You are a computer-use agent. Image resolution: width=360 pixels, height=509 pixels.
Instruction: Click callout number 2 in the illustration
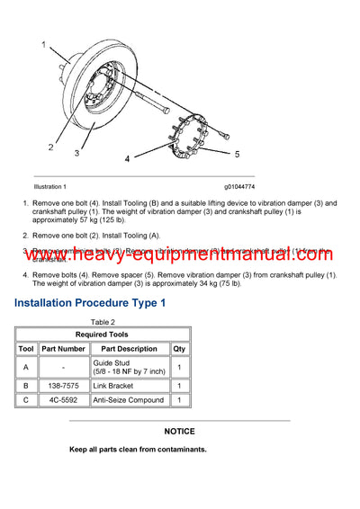(51, 146)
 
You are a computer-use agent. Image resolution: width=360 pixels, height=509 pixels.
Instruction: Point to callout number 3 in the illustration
(77, 153)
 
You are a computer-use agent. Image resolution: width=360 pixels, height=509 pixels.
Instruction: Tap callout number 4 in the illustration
(127, 159)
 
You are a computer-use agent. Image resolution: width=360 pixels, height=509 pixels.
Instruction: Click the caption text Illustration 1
(50, 186)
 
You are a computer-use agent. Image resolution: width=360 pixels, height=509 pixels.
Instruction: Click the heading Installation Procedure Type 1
(90, 304)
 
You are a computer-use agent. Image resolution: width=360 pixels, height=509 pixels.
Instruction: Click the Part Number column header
(64, 348)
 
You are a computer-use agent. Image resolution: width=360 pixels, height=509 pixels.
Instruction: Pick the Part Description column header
(129, 348)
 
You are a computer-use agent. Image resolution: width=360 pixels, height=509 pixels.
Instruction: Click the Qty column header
(179, 348)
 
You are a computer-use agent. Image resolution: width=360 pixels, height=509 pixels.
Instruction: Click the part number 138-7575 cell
(64, 385)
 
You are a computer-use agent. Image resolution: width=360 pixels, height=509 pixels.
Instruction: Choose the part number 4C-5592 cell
(64, 399)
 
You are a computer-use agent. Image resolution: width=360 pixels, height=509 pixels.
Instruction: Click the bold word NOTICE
(180, 432)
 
